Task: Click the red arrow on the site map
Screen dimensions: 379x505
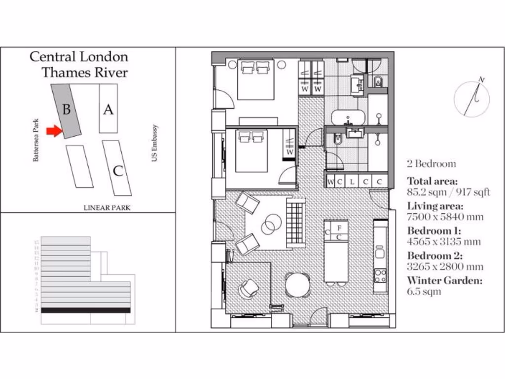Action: click(x=53, y=131)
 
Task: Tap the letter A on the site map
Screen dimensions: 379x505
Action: click(x=108, y=109)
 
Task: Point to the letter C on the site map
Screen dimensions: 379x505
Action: click(x=118, y=171)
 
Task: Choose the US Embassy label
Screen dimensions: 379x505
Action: click(x=154, y=143)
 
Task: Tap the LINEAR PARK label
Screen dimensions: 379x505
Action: click(x=107, y=208)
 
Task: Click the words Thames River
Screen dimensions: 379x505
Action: click(x=84, y=73)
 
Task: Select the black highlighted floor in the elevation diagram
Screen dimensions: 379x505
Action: click(x=86, y=310)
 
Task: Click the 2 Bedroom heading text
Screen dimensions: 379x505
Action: click(x=432, y=164)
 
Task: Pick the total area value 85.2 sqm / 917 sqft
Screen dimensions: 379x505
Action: click(x=448, y=192)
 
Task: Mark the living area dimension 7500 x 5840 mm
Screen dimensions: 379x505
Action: click(x=445, y=217)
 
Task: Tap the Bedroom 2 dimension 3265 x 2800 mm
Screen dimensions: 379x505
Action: click(x=445, y=267)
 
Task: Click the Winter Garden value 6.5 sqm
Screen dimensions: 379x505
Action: click(x=424, y=292)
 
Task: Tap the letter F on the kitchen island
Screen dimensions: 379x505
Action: click(x=339, y=228)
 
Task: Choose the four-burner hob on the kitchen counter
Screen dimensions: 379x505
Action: click(x=380, y=275)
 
